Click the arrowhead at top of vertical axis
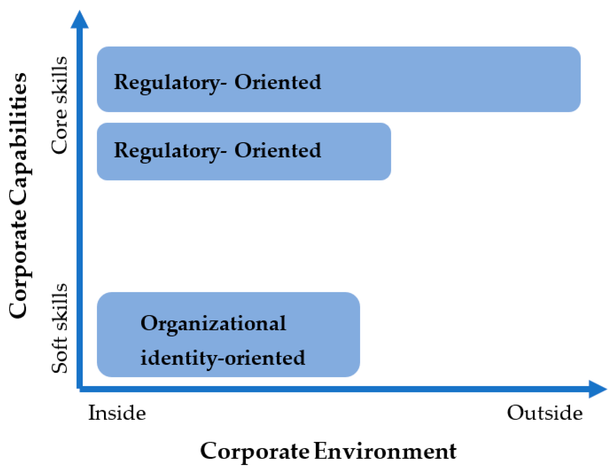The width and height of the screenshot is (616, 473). coord(79,20)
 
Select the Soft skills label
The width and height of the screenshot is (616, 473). coord(60,328)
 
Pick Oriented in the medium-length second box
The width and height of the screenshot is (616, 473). coord(278,150)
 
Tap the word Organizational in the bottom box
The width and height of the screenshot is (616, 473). coord(213,324)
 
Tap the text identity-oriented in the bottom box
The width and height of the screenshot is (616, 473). coord(223,358)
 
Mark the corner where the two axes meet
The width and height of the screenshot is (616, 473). coord(80,389)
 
